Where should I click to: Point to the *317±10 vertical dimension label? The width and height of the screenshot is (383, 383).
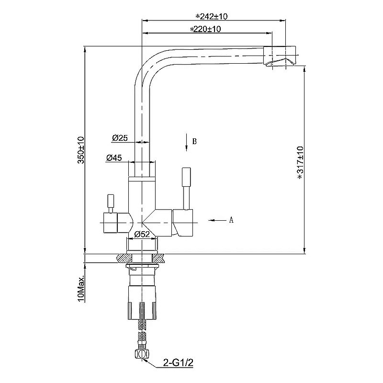301,162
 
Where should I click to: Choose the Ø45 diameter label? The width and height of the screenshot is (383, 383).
114,158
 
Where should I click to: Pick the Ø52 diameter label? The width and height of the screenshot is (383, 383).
143,234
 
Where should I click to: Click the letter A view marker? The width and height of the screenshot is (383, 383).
231,220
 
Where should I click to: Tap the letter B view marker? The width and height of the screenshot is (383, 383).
194,142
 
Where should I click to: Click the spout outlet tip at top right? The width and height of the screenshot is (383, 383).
282,58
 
